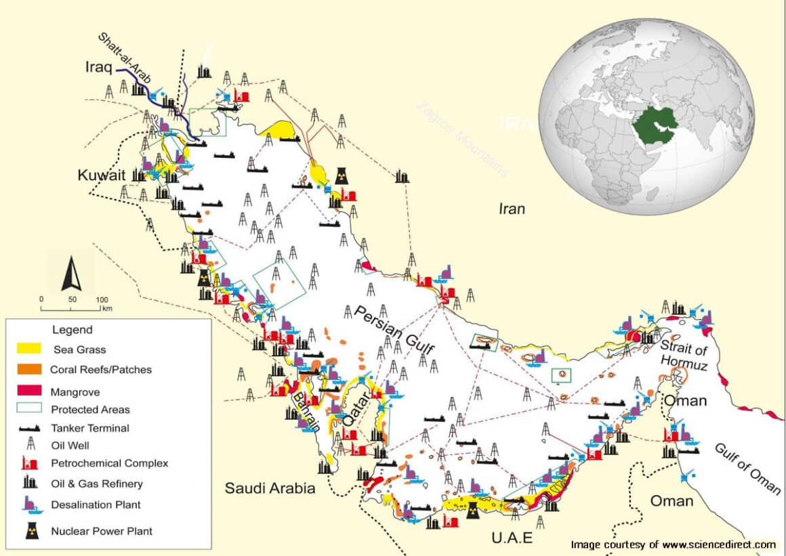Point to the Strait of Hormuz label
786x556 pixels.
point(684,357)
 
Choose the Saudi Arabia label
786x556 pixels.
point(270,488)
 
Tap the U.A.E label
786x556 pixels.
point(513,538)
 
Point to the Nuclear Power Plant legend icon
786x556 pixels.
point(32,531)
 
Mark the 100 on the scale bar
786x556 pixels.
point(102,299)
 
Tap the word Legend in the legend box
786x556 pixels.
point(73,330)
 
